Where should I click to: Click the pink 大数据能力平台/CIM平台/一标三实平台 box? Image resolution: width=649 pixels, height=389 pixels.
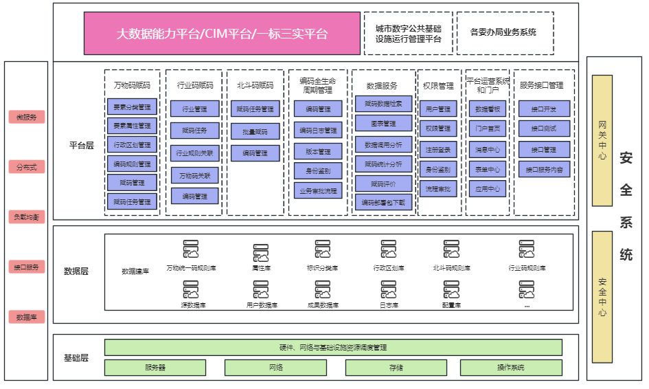[x=222, y=33]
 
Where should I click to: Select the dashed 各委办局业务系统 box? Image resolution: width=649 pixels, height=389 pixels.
[x=504, y=32]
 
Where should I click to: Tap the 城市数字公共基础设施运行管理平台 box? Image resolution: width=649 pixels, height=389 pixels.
[x=408, y=33]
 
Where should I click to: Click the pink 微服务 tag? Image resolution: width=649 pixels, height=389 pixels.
[x=27, y=117]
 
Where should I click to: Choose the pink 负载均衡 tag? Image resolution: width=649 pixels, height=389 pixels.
[x=27, y=217]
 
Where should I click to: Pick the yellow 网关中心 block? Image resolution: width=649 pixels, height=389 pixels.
[x=602, y=140]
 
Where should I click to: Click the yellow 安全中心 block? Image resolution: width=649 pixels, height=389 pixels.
[x=602, y=297]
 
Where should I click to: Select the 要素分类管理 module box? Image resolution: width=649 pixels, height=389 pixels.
[x=133, y=107]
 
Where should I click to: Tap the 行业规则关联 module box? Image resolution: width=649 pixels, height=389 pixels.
[x=195, y=153]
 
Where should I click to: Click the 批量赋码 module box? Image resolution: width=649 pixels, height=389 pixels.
[x=255, y=131]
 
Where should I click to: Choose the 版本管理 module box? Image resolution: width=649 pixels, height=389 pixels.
[x=318, y=151]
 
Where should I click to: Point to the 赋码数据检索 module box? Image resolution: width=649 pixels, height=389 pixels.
[x=384, y=104]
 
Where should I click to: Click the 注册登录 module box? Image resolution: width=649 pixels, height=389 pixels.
[x=437, y=148]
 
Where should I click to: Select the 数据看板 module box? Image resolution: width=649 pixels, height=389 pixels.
[x=488, y=109]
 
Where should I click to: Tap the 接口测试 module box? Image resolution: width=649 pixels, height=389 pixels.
[x=543, y=129]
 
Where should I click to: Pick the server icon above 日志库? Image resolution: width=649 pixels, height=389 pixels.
[x=389, y=289]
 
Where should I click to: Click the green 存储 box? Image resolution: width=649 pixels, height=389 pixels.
[x=396, y=368]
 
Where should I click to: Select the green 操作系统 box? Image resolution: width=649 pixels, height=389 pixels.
[x=511, y=368]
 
